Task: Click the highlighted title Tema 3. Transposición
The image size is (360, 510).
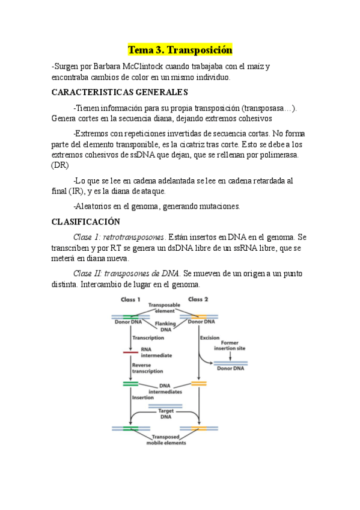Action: [180, 49]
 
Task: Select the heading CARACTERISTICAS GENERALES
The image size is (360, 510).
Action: [120, 92]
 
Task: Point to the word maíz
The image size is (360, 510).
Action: [257, 66]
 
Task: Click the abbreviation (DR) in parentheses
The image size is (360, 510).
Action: [61, 165]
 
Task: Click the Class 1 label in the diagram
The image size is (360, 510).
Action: [131, 300]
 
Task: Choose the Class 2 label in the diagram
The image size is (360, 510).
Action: [198, 300]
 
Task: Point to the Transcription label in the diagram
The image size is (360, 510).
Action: [148, 338]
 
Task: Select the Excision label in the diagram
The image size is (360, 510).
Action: [210, 338]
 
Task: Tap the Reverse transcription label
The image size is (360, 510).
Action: [147, 368]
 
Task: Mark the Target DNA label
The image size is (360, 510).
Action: [165, 414]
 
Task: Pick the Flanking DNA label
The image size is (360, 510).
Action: [165, 327]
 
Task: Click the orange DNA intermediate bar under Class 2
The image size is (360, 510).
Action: [199, 383]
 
